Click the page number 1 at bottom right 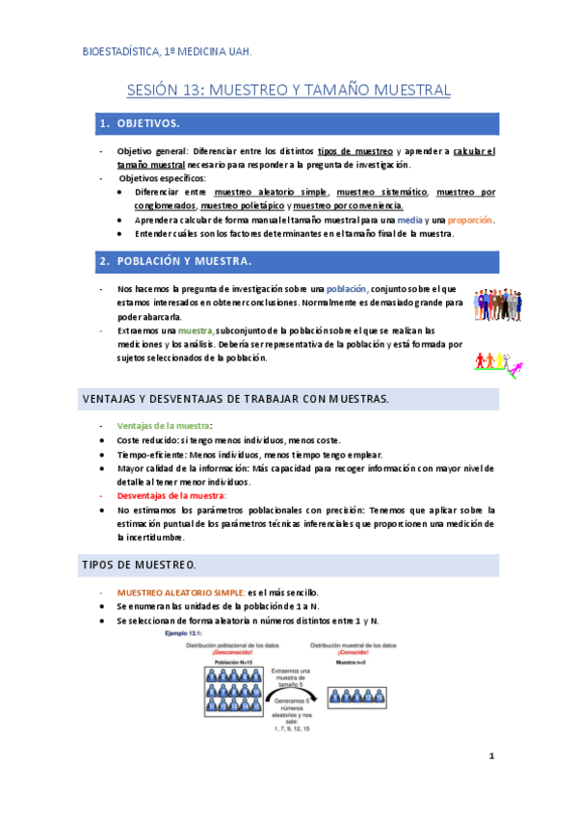[x=490, y=757]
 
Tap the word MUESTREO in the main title [x=242, y=91]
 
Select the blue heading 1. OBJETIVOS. [x=141, y=124]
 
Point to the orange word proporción [x=467, y=220]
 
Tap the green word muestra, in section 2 [x=195, y=330]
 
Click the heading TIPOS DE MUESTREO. [x=140, y=563]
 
